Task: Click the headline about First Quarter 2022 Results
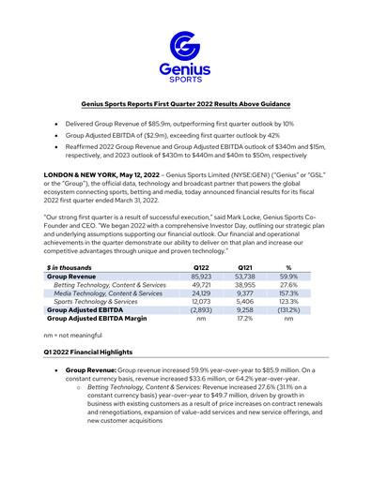pyautogui.click(x=185, y=104)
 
